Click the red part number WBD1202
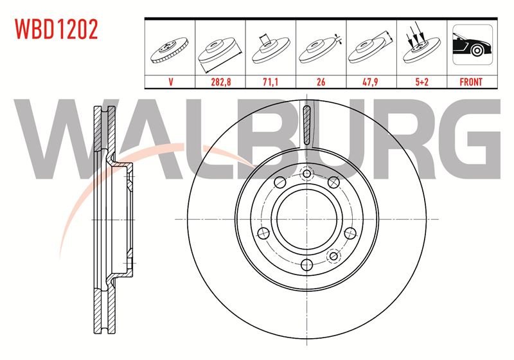click(x=57, y=30)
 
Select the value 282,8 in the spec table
click(x=220, y=82)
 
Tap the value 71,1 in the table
click(x=270, y=82)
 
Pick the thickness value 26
click(x=321, y=82)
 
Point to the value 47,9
click(x=371, y=82)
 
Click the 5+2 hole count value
click(x=422, y=82)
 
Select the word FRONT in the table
click(x=471, y=82)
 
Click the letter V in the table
click(x=170, y=82)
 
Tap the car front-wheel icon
click(x=472, y=44)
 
